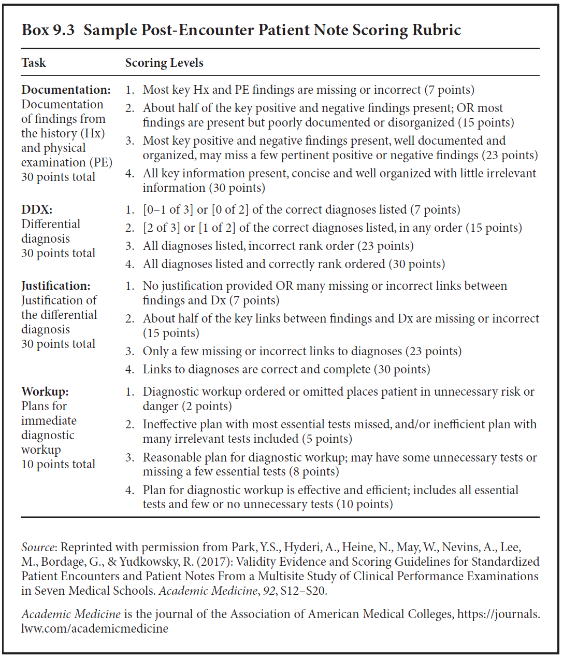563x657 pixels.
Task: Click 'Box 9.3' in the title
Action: click(48, 30)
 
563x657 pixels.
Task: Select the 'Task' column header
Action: click(34, 63)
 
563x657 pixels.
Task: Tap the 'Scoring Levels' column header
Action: click(164, 63)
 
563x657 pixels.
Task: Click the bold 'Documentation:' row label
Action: click(66, 90)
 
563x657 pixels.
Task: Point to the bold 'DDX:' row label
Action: click(37, 209)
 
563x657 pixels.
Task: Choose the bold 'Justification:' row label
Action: click(56, 286)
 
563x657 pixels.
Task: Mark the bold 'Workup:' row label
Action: click(45, 392)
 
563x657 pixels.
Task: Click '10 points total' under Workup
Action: click(58, 464)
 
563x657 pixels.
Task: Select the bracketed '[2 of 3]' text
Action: click(163, 228)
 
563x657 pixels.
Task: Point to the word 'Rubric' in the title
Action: click(436, 30)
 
